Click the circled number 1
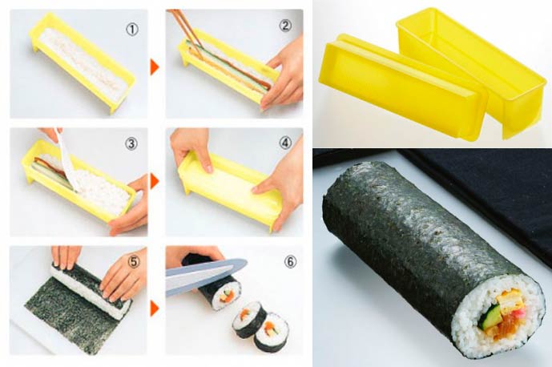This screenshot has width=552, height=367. pyautogui.click(x=132, y=30)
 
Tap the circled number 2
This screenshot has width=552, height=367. pyautogui.click(x=285, y=26)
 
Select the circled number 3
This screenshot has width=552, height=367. pyautogui.click(x=131, y=144)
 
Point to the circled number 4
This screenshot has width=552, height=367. pyautogui.click(x=285, y=143)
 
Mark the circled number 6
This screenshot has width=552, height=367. pyautogui.click(x=290, y=262)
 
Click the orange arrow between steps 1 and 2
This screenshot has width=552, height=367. pyautogui.click(x=155, y=67)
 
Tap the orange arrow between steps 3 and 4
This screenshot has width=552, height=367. pyautogui.click(x=155, y=181)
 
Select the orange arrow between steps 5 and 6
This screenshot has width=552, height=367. pyautogui.click(x=155, y=309)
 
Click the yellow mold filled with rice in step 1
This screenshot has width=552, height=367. pyautogui.click(x=82, y=63)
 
